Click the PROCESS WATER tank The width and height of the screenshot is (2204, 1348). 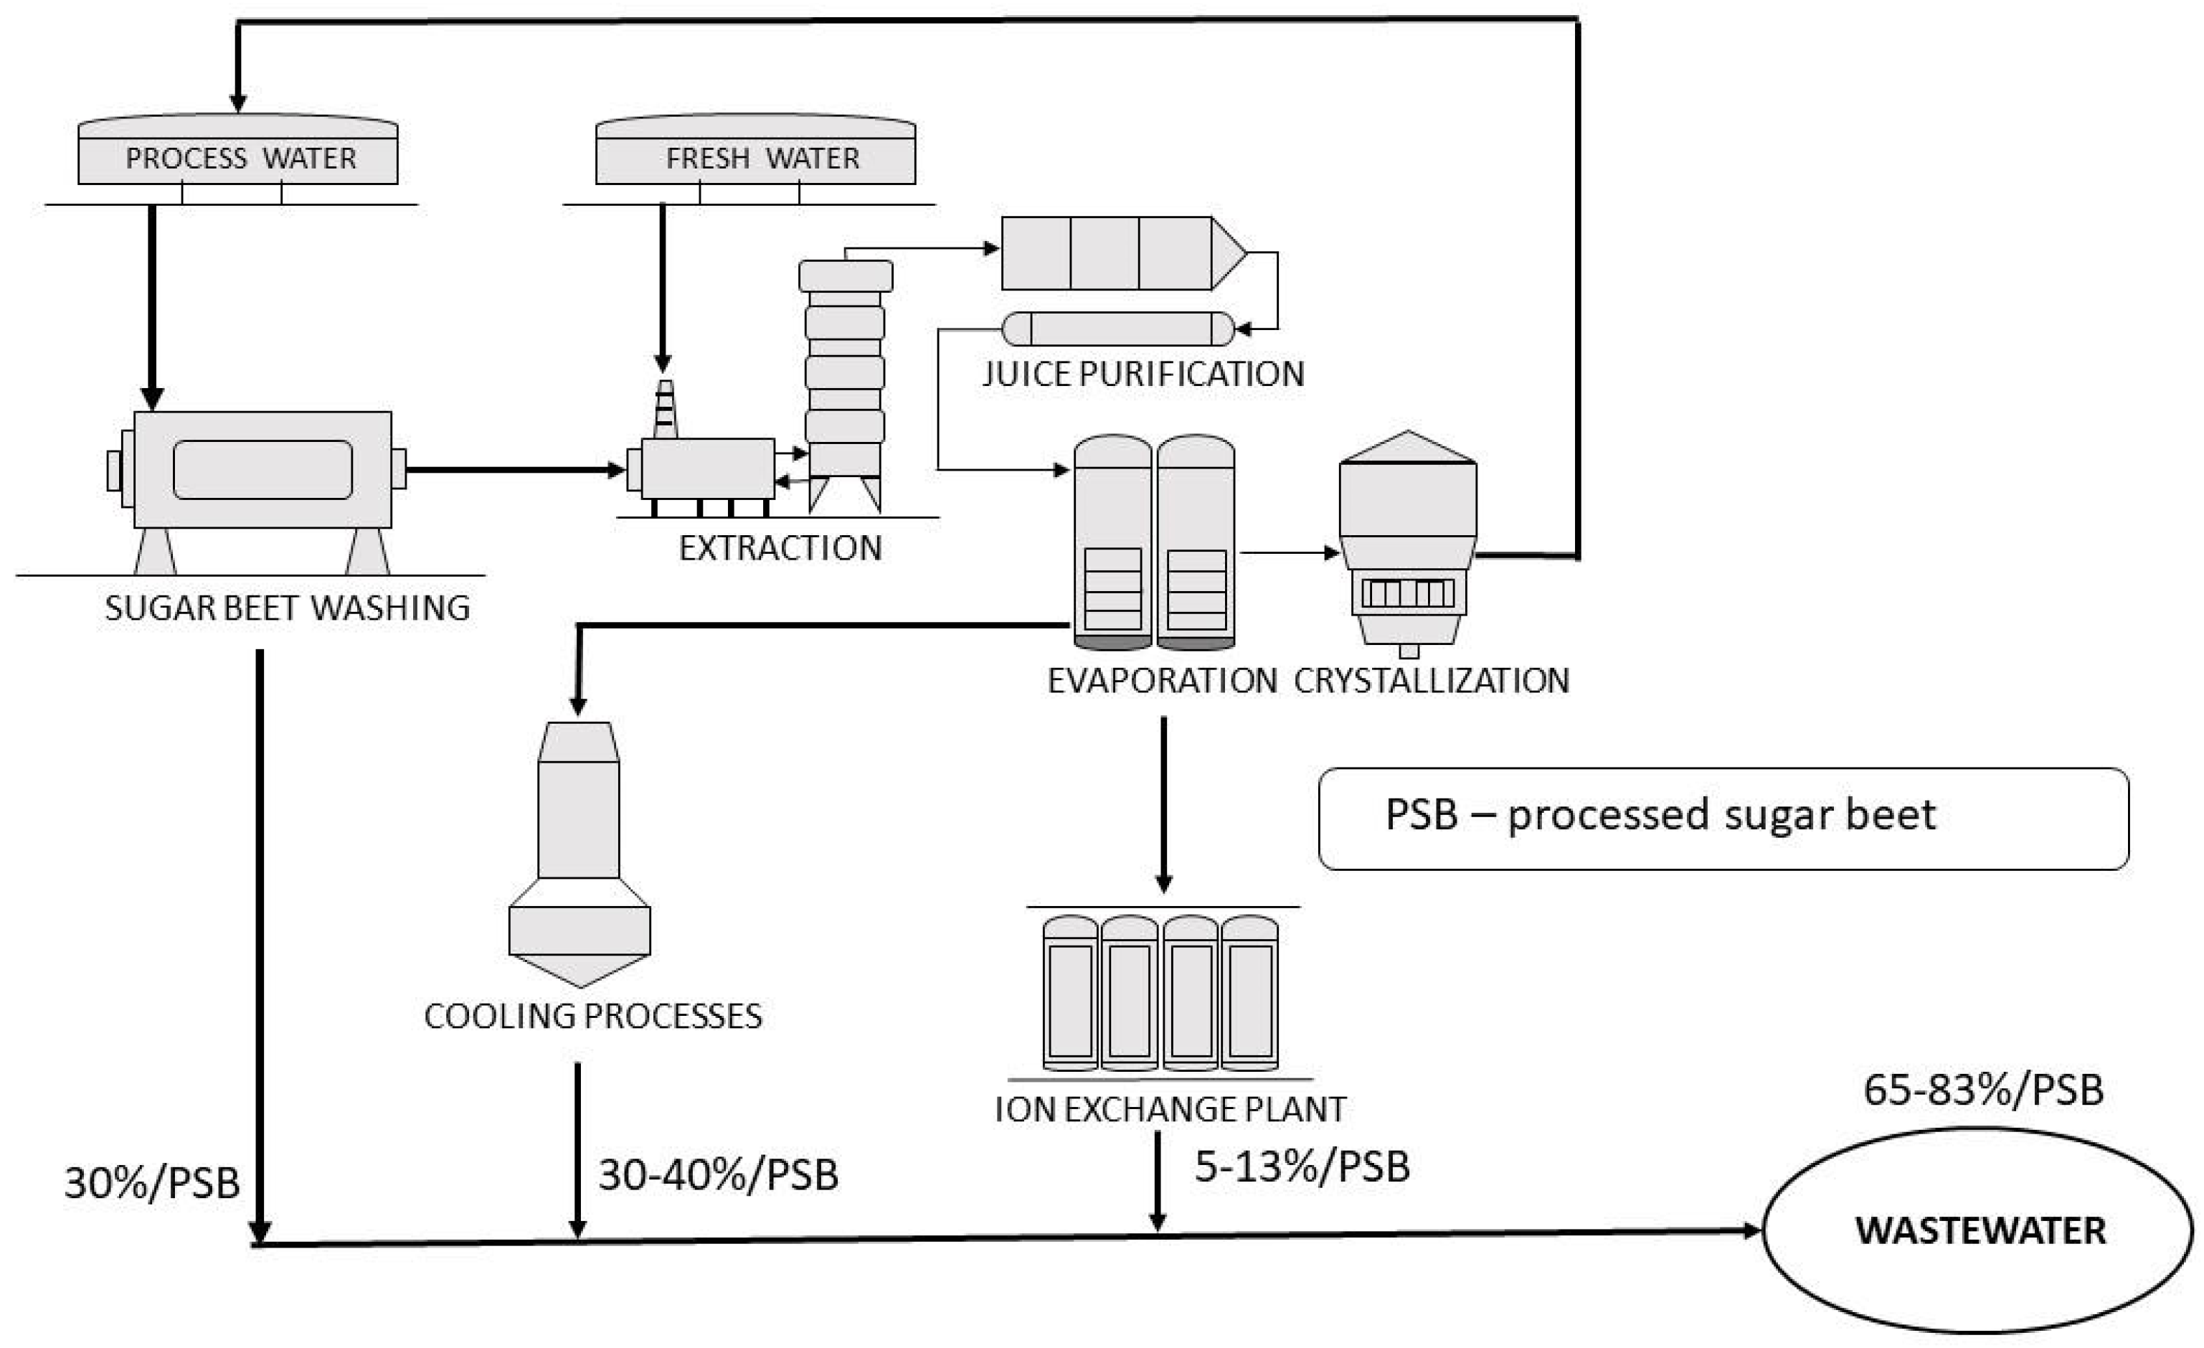(238, 149)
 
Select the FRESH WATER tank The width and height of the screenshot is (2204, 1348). (756, 149)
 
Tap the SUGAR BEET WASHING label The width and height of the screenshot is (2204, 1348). (287, 608)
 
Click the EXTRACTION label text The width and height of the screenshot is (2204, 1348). (780, 547)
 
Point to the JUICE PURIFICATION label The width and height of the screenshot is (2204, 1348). (1143, 374)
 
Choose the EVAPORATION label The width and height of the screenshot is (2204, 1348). (1162, 681)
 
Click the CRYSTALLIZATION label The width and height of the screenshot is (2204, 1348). (1431, 681)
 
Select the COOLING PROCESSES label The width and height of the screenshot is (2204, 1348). (593, 1016)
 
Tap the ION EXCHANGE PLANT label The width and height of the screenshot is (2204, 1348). (1170, 1109)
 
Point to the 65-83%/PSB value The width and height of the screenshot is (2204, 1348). (1983, 1090)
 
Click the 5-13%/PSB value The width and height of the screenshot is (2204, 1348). (1302, 1166)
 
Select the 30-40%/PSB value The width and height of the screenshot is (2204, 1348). (718, 1174)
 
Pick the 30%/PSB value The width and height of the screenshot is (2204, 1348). (152, 1182)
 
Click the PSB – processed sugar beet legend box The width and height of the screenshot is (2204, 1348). (1723, 819)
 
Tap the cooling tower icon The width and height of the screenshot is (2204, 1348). (580, 854)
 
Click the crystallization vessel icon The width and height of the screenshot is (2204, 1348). (1408, 544)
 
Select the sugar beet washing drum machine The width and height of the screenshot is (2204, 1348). (257, 492)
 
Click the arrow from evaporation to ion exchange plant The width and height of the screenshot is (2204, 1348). (1163, 804)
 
